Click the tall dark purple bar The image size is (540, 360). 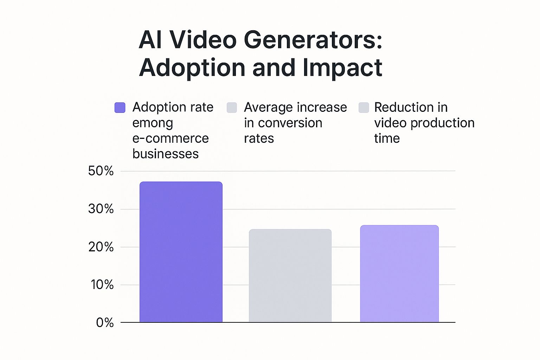(x=181, y=252)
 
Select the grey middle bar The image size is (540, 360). (x=290, y=276)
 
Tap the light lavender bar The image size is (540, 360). (x=399, y=274)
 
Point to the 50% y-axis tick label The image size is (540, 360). (x=101, y=171)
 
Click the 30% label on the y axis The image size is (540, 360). (x=101, y=209)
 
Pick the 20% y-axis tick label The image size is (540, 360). (x=101, y=247)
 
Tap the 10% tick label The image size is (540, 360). (x=102, y=285)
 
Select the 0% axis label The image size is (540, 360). (x=105, y=323)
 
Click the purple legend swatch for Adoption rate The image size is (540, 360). (x=120, y=108)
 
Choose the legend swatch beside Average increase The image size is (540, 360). (x=232, y=108)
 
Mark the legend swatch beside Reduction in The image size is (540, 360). (x=364, y=108)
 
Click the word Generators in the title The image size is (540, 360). (x=313, y=40)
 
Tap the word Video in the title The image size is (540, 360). (x=203, y=40)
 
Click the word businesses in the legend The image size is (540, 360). (x=165, y=154)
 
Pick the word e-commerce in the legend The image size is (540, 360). (x=171, y=139)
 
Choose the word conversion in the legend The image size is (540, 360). (x=290, y=123)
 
